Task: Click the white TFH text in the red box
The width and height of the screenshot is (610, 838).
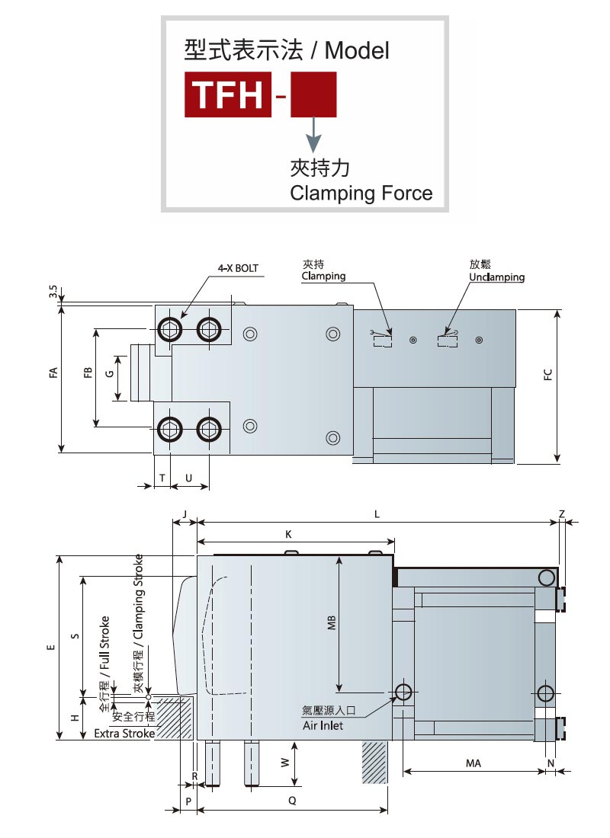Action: pos(228,94)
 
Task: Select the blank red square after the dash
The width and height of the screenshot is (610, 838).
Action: pos(313,94)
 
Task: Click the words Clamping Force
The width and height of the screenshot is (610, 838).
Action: pos(361,193)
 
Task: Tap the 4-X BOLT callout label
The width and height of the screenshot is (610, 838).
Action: pos(238,268)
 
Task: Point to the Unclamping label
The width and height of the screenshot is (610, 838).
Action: pos(496,277)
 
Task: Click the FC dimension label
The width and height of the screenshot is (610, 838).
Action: pos(548,375)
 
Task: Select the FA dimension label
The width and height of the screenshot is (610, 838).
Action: pos(53,373)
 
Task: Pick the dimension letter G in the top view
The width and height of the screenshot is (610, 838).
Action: pos(111,373)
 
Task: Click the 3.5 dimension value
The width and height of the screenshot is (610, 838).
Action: pos(53,291)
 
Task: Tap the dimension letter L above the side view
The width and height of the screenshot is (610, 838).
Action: pos(377,514)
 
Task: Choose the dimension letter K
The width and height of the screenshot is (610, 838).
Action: pos(288,535)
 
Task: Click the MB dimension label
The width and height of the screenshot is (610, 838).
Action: pos(332,622)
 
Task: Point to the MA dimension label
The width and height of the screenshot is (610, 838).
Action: pos(474,763)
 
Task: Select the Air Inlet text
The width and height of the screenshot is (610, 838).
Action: pos(323,725)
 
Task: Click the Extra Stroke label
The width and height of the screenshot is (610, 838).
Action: pos(124,733)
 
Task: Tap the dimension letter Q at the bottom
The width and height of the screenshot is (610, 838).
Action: pos(292,801)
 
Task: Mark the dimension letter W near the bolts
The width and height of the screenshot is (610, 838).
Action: pos(285,763)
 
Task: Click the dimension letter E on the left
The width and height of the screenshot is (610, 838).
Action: pos(51,648)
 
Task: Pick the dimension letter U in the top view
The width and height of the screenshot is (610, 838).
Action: pos(189,478)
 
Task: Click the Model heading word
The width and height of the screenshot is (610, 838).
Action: pos(357,51)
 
